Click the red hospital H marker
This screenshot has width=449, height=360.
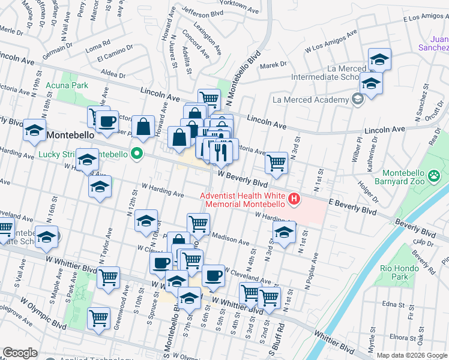click(x=294, y=198)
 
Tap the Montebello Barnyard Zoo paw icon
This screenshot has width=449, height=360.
click(x=435, y=176)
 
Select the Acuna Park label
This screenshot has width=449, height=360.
click(x=71, y=86)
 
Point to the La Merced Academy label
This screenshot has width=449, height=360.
click(x=310, y=100)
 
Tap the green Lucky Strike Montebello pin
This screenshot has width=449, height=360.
click(x=137, y=154)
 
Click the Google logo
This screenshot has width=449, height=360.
click(x=20, y=353)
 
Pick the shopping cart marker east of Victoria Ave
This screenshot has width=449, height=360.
click(x=276, y=161)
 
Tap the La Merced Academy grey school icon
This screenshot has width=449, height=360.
click(x=358, y=100)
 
